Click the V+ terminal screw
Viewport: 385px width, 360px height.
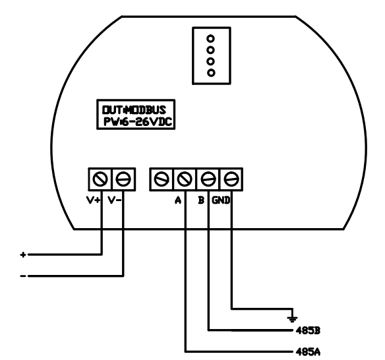pyautogui.click(x=100, y=179)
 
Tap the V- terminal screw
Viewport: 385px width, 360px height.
pyautogui.click(x=123, y=179)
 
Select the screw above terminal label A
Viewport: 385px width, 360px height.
pyautogui.click(x=185, y=179)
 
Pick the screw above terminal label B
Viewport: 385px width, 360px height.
pyautogui.click(x=208, y=179)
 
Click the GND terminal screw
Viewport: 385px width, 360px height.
pyautogui.click(x=231, y=179)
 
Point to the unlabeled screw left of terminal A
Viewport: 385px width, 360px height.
pyautogui.click(x=162, y=179)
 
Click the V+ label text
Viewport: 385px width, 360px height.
pyautogui.click(x=94, y=200)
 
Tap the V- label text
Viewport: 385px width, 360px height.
pyautogui.click(x=115, y=200)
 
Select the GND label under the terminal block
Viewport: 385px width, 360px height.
pyautogui.click(x=221, y=200)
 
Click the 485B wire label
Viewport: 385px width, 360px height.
pyautogui.click(x=308, y=330)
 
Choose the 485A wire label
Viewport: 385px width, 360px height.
pyautogui.click(x=308, y=352)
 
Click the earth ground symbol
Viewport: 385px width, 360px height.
pyautogui.click(x=292, y=319)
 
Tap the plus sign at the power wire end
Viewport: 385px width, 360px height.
pyautogui.click(x=23, y=255)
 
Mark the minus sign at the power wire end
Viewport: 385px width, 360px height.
pyautogui.click(x=23, y=276)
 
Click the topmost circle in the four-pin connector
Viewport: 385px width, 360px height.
pyautogui.click(x=211, y=39)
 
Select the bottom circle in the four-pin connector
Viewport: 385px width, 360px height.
pyautogui.click(x=211, y=73)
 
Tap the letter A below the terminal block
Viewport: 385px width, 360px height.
pyautogui.click(x=178, y=200)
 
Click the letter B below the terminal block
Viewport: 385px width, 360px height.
pyautogui.click(x=201, y=200)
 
